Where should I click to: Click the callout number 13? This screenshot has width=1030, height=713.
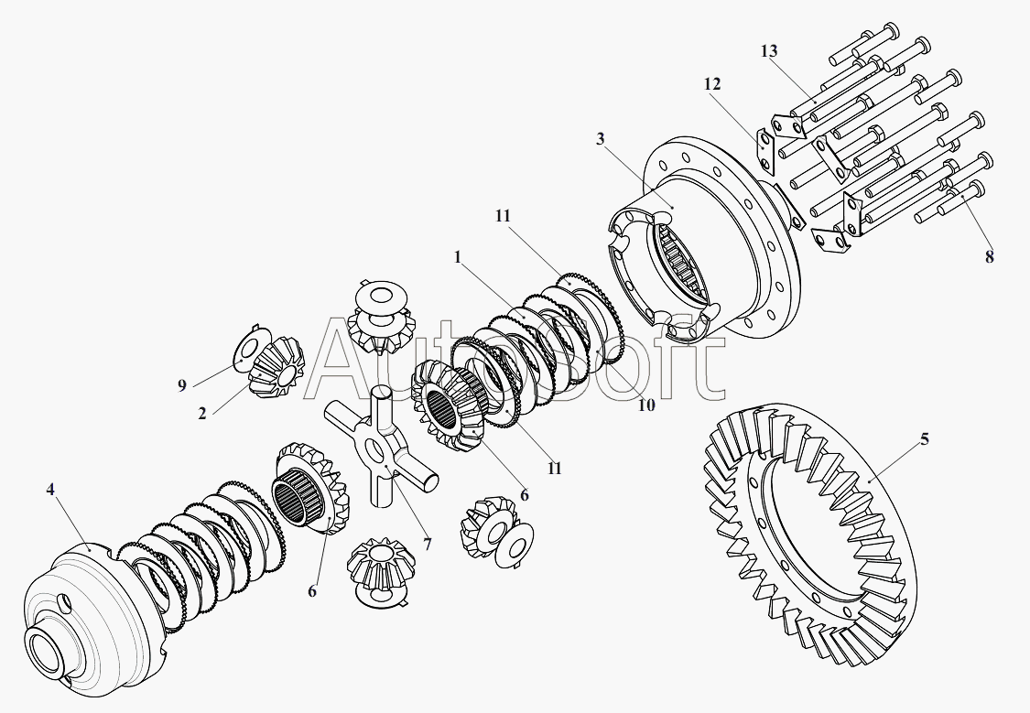pos(769,50)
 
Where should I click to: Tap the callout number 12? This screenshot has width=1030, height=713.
pos(712,83)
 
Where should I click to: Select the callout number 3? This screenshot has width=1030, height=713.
pos(600,138)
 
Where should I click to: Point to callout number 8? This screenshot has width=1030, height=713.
pos(989,257)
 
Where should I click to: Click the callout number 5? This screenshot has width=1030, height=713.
pos(925,439)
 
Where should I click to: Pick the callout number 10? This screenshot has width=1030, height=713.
pos(646,405)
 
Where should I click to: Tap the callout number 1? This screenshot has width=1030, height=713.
pos(457,257)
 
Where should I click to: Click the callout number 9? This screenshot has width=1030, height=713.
pos(182,385)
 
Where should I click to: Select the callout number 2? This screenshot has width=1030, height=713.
pos(201,413)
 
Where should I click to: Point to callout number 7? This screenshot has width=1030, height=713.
pos(427,544)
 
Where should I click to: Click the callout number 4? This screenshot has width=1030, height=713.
pos(51,490)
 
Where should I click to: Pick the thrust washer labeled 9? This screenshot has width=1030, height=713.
pos(247,349)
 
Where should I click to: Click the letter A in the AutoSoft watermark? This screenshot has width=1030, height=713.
pos(348,366)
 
